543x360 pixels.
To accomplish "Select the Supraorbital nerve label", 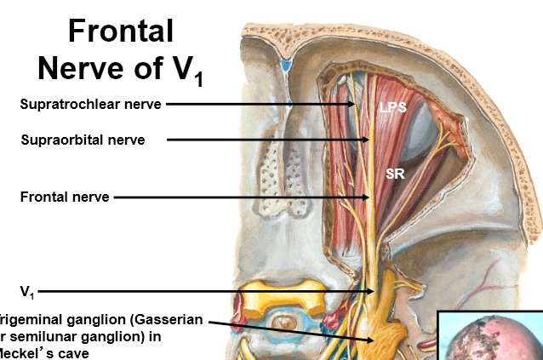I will pos(83,139).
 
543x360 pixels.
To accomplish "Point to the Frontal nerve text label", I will pos(65,197).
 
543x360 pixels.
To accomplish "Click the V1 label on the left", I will pos(28,291).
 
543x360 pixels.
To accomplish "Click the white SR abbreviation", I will pos(395,174).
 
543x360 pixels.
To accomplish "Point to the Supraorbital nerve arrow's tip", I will pos(368,139).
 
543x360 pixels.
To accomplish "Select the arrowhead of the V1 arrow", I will pos(372,291).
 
